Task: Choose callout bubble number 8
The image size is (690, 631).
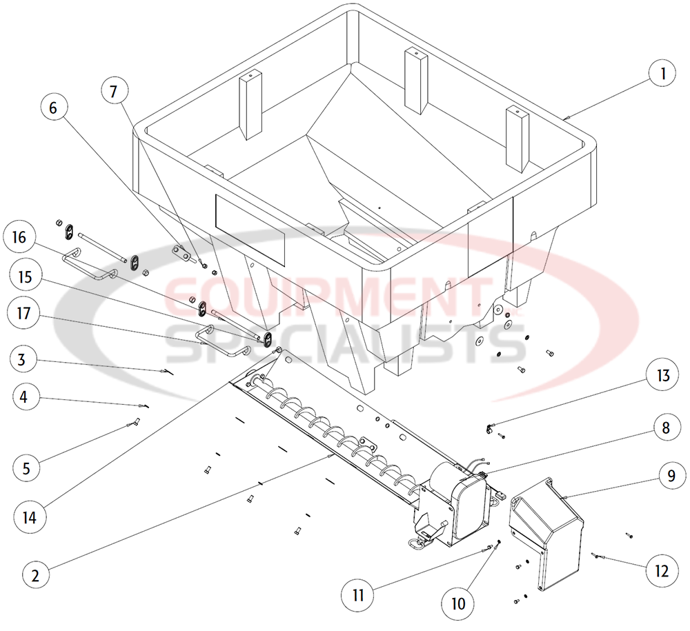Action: pos(665,427)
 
